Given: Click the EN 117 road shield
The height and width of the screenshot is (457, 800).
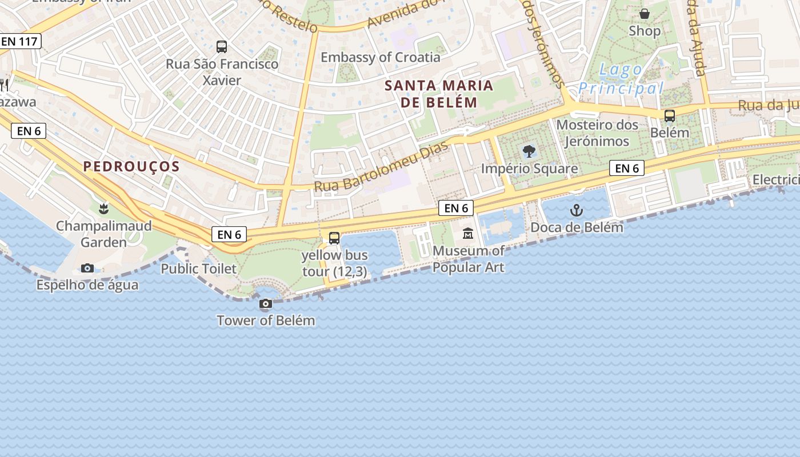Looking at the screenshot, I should point(20,41).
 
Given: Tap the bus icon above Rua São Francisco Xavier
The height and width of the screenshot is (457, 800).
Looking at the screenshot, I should point(222,47).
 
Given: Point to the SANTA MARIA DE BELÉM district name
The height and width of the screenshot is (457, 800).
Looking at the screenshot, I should point(438,94).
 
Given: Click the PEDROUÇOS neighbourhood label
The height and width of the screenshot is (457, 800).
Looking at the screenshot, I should point(131,166).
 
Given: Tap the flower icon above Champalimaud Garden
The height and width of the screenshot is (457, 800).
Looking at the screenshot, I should point(103,209).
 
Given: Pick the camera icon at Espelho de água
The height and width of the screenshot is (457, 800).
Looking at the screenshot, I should point(87,268).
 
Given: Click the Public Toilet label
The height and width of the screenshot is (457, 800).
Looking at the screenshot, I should point(198,268).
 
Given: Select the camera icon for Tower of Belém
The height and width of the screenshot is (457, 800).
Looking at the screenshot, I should point(266,303).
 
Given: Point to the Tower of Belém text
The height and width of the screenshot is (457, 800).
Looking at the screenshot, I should point(266,320).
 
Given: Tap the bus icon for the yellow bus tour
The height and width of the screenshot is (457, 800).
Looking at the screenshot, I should point(334,238).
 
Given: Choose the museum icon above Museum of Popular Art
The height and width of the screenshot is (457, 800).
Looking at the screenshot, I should point(468,233).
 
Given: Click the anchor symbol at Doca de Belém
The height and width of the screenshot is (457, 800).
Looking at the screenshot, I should point(577,211).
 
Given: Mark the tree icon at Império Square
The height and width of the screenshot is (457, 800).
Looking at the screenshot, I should point(529,151).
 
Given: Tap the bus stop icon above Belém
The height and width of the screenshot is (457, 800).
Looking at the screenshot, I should point(670,116).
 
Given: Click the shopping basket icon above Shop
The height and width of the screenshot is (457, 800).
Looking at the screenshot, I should point(645,14).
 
